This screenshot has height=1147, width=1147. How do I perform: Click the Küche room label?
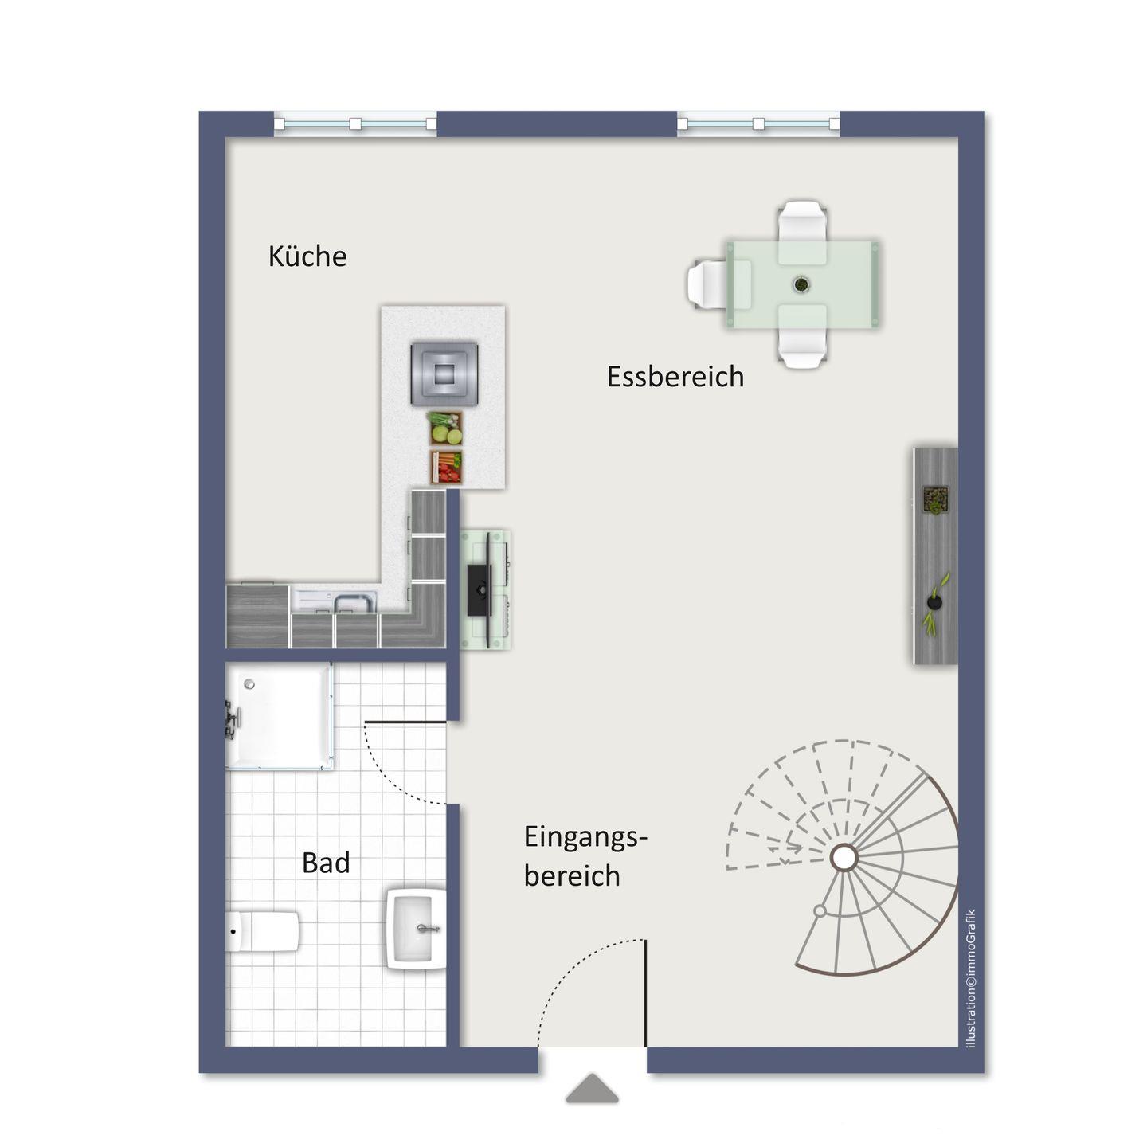click(307, 256)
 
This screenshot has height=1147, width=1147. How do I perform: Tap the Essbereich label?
click(675, 377)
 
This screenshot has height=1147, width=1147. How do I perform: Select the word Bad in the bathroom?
click(326, 863)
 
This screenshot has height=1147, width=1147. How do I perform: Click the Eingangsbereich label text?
click(585, 856)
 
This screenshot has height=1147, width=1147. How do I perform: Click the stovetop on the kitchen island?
click(444, 374)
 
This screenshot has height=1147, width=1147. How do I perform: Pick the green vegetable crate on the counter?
click(446, 428)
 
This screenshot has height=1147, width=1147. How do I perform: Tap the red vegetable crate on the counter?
click(446, 467)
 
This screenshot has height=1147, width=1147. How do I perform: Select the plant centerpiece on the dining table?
click(801, 284)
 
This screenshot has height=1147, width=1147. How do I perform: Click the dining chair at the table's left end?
click(708, 284)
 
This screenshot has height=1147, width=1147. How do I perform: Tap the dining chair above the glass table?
click(802, 232)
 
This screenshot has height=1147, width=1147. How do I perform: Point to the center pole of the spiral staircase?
click(844, 858)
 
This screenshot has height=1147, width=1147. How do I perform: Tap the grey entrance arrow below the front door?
click(592, 1088)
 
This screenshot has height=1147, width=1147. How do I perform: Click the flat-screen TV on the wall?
click(480, 590)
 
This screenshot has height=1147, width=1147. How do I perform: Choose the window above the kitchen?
click(355, 123)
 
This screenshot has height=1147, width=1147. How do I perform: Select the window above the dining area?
click(758, 123)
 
